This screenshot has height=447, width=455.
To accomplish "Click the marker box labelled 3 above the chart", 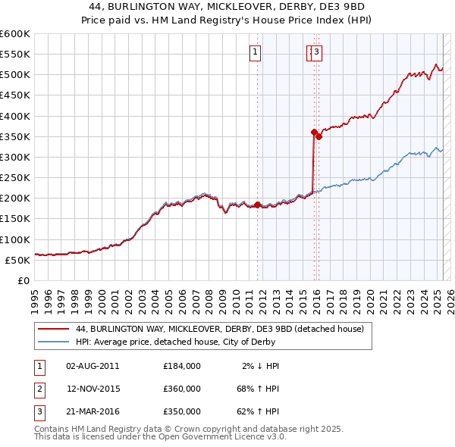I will click(x=316, y=52).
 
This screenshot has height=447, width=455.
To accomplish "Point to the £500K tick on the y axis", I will click(x=15, y=75).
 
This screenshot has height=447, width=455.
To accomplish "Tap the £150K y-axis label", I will click(x=15, y=219).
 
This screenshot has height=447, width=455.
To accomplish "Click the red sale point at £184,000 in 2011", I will click(x=258, y=205).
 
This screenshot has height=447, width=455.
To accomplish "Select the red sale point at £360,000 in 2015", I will click(x=314, y=132).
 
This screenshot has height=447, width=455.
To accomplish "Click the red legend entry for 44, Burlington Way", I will click(x=220, y=329).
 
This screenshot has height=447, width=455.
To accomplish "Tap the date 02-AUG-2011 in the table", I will click(x=93, y=365).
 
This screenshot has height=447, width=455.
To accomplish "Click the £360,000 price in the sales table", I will click(x=182, y=389).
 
